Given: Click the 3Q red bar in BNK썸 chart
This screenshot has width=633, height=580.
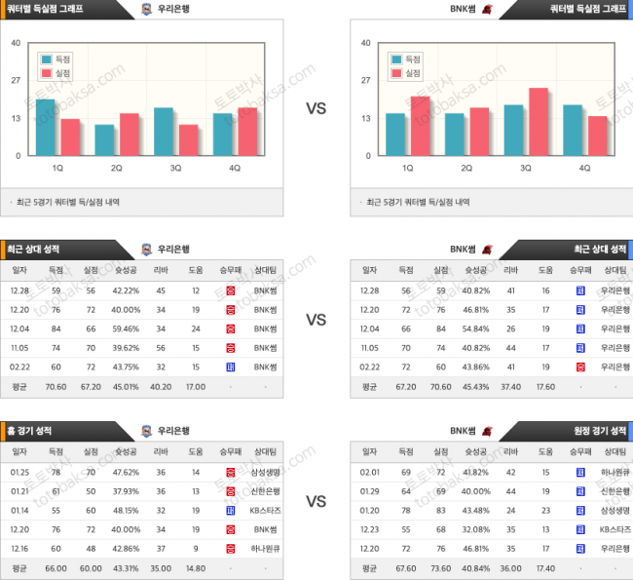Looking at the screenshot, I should click(539, 122).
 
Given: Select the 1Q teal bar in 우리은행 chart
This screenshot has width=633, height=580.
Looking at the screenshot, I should click(46, 128).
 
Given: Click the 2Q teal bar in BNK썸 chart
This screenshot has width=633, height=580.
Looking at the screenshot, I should click(455, 135).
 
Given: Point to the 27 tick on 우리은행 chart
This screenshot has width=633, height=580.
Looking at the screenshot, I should click(16, 81).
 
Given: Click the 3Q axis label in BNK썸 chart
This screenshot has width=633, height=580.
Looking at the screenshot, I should click(526, 168).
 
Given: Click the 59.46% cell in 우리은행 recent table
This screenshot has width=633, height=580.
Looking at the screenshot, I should click(125, 329).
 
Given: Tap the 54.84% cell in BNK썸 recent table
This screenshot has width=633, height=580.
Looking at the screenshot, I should click(475, 329).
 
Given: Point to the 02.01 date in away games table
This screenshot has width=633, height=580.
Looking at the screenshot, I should click(370, 472).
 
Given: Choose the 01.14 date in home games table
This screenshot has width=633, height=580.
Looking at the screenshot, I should click(19, 510).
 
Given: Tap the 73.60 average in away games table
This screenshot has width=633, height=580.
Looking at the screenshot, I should click(441, 567).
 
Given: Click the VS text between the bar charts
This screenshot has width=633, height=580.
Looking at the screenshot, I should click(316, 108).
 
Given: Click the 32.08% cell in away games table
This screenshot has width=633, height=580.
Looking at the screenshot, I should click(475, 528).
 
